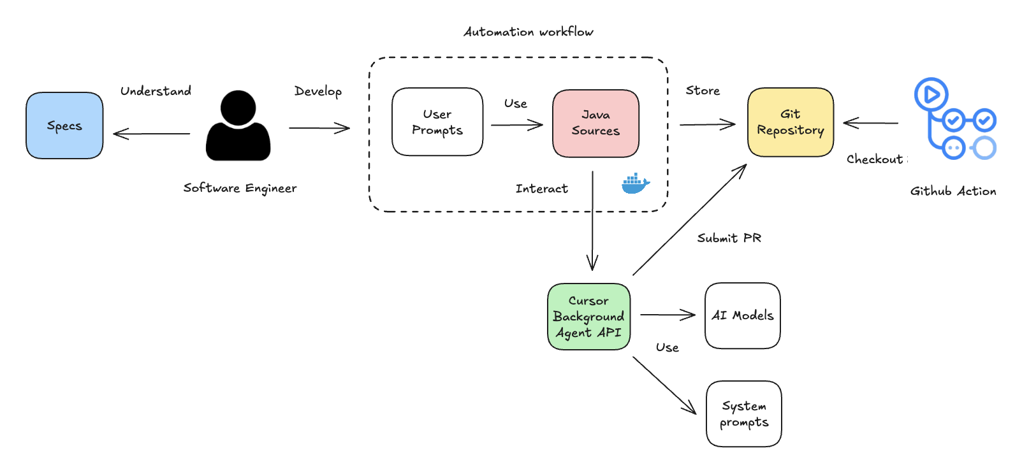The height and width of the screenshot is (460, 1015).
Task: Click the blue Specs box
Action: click(x=64, y=126)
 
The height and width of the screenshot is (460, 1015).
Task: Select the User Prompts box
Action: click(x=437, y=122)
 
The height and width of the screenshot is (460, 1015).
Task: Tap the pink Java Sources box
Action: click(x=595, y=123)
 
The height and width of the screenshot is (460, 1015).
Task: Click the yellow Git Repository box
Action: click(x=791, y=122)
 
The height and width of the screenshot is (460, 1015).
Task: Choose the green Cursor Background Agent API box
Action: click(x=588, y=317)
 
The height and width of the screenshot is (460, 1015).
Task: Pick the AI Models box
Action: click(x=743, y=315)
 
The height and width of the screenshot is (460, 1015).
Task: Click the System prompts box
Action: click(x=744, y=413)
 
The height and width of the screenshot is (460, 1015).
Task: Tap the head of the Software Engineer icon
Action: click(x=238, y=108)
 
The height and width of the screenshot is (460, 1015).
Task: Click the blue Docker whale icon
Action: click(x=635, y=183)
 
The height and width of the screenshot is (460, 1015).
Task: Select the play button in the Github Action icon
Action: click(x=931, y=95)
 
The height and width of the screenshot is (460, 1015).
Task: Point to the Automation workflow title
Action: click(x=529, y=32)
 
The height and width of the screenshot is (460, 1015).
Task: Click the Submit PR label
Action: click(x=729, y=238)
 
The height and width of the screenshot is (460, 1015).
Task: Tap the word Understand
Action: click(x=156, y=91)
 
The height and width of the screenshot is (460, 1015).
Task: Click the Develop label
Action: click(x=318, y=91)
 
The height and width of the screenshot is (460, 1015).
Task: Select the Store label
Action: click(x=703, y=90)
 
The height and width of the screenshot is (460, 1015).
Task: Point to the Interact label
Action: click(x=541, y=189)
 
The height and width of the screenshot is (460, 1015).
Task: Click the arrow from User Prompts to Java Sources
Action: click(x=516, y=125)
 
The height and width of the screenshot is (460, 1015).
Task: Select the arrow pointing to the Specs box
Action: click(x=151, y=134)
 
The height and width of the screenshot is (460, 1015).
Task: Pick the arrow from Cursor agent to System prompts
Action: click(x=664, y=385)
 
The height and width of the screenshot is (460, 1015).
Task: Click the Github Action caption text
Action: click(x=953, y=191)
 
